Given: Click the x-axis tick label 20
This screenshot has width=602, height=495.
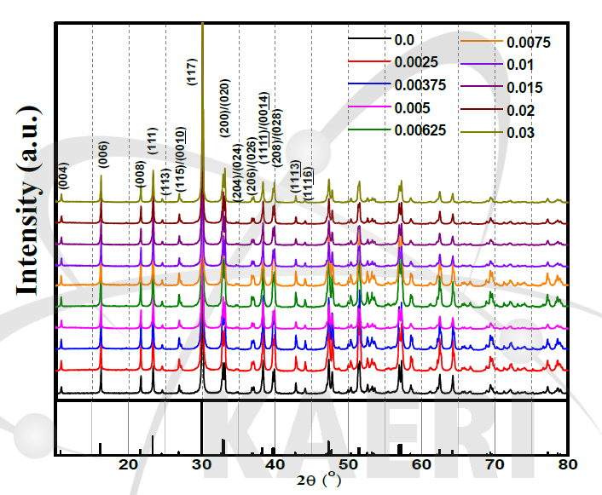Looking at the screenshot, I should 128,464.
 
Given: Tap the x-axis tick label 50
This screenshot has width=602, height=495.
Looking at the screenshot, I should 348,464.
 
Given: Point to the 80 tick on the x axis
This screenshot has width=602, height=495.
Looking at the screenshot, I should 568,464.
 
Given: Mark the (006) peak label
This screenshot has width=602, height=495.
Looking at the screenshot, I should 102,149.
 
